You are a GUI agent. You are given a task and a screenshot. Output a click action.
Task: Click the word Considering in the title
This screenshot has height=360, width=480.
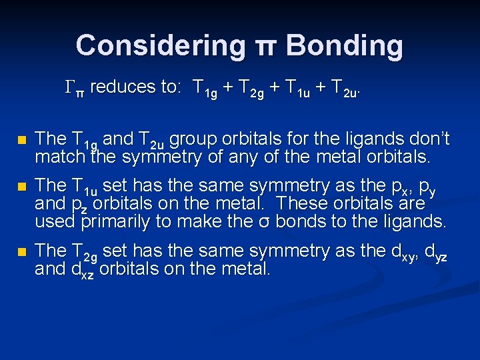[160, 46]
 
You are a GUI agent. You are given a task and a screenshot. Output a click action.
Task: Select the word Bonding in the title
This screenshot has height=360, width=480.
[345, 46]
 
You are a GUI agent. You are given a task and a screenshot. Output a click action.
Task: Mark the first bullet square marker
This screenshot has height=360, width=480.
[22, 141]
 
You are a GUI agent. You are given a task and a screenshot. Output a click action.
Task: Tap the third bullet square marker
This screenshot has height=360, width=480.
[22, 253]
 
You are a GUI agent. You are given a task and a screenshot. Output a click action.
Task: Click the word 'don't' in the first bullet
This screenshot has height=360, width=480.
[430, 139]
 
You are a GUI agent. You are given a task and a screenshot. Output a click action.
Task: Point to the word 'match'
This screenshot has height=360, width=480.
[60, 158]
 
